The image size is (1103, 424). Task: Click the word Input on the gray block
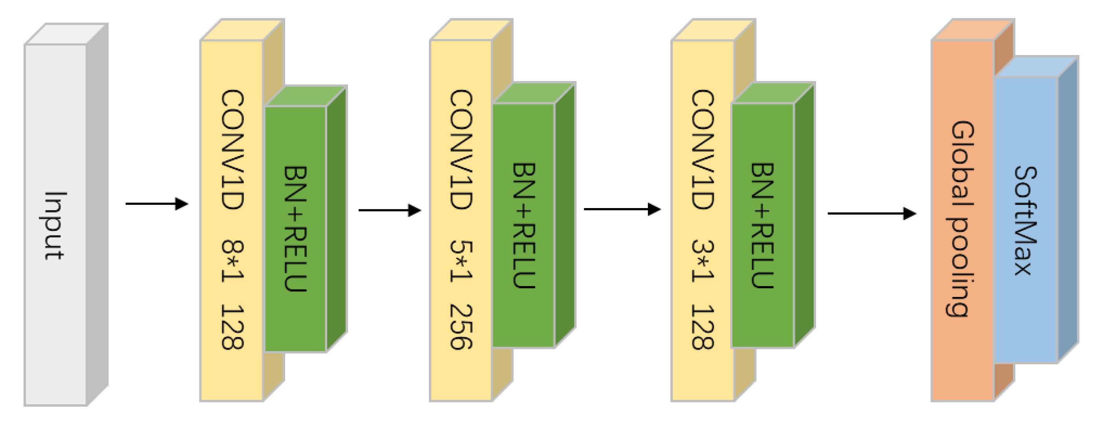(55, 226)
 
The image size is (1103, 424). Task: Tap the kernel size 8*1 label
(232, 261)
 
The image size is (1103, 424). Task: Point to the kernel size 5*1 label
(461, 261)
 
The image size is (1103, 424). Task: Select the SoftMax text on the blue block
(1026, 221)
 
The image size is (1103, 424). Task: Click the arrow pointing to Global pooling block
(871, 213)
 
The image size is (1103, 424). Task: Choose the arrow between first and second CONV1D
(390, 210)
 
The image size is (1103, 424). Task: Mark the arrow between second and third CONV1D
(622, 209)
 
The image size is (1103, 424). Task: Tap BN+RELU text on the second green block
(524, 226)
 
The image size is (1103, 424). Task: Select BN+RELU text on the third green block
(762, 226)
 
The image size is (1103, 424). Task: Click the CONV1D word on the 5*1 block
(461, 149)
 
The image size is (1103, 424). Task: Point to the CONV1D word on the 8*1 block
(232, 149)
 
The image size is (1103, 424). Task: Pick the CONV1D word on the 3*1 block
(703, 149)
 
